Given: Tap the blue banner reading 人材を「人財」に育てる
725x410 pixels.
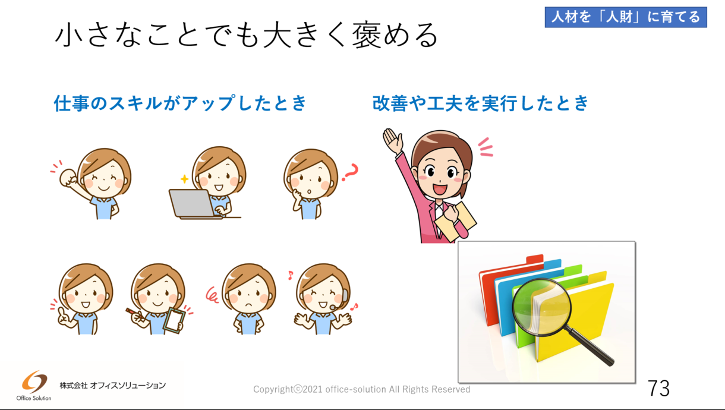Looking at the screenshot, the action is (626, 17).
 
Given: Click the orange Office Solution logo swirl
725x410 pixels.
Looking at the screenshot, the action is (34, 381).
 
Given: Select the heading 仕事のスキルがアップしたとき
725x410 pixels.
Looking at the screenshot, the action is (180, 103).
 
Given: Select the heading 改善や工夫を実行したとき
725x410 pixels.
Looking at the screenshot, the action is (480, 103).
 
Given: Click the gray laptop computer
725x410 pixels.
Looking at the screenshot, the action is (193, 204).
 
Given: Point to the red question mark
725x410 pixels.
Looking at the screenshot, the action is (351, 172).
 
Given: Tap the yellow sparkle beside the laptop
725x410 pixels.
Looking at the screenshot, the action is (184, 179).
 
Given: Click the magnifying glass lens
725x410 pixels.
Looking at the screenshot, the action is (541, 307).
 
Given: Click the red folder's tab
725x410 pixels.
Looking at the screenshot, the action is (535, 259).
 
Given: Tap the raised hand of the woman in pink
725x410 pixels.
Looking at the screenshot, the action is (393, 141).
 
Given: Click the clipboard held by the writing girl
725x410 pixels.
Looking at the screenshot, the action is (175, 320).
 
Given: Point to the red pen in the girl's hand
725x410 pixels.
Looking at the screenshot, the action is (133, 312).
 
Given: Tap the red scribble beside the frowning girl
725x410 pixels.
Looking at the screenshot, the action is (212, 295).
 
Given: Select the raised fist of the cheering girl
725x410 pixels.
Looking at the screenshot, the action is (68, 178).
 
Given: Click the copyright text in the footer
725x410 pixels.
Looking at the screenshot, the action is (361, 389).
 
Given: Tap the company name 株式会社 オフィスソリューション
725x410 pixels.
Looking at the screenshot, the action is (113, 386).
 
